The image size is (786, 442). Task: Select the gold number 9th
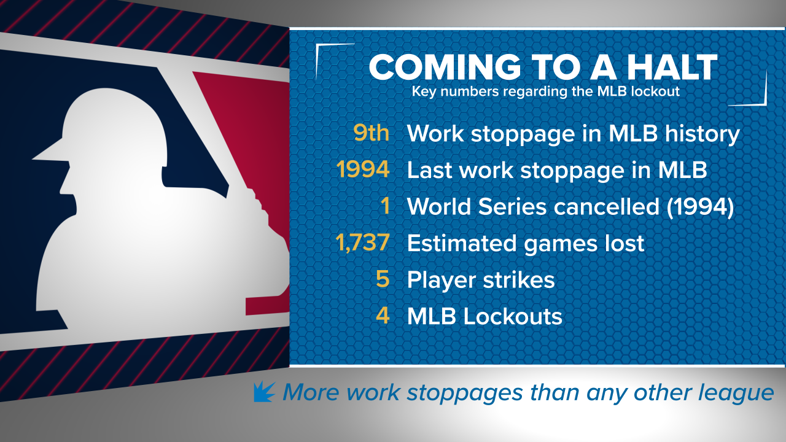point(371,133)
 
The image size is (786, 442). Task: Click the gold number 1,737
point(362,243)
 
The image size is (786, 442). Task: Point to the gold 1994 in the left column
point(363,170)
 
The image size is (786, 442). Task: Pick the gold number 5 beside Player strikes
point(383,280)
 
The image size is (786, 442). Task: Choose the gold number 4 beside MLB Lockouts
point(383,317)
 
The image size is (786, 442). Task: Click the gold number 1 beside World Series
point(385,206)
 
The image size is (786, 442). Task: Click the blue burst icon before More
point(265,391)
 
